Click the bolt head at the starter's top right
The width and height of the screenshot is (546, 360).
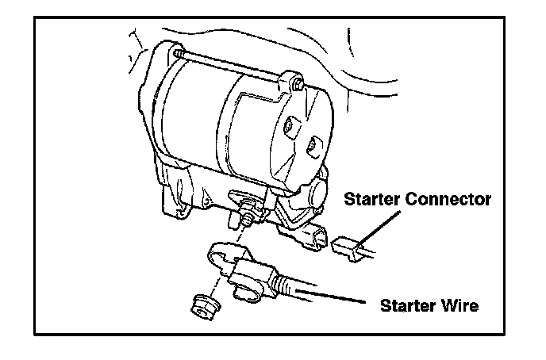pyautogui.click(x=296, y=82)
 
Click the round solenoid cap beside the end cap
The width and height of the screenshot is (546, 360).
pyautogui.click(x=317, y=193)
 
